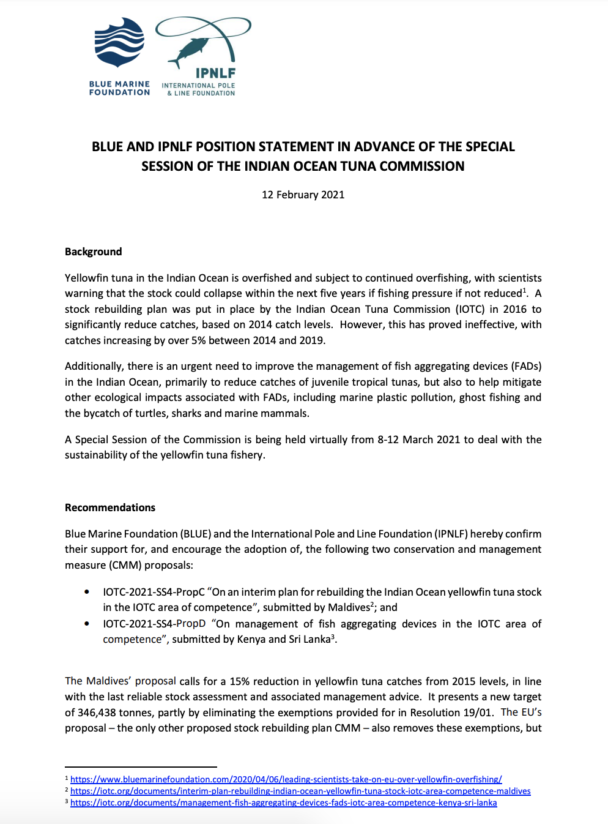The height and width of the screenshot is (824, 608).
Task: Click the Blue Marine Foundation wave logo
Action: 119,42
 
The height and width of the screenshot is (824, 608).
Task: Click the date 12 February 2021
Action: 303,195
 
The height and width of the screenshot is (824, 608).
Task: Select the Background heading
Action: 94,252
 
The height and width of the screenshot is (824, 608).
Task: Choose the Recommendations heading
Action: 110,508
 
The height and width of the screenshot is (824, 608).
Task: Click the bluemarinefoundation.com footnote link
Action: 286,779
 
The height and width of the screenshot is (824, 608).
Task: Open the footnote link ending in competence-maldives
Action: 300,791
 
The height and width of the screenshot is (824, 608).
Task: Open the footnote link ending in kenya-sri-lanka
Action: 283,803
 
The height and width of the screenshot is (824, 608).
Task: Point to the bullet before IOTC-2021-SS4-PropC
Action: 87,592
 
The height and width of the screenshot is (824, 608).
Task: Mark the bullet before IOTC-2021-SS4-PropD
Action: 87,624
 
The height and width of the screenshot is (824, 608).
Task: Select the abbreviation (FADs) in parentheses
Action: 526,366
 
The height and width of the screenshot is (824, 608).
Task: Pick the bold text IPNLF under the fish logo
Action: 215,73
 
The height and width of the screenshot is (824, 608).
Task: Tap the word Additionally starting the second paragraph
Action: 93,366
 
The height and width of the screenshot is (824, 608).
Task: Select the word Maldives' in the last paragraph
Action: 109,681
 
